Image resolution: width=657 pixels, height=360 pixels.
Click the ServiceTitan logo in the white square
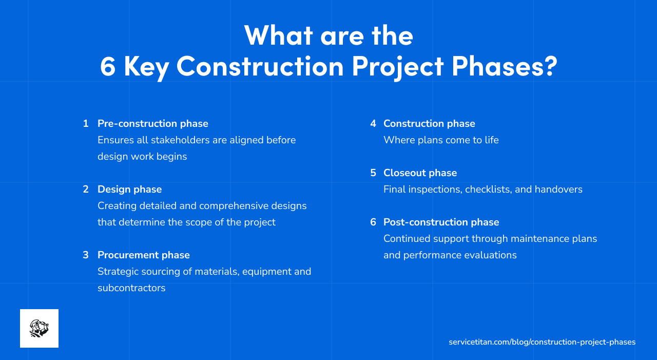tap(39, 328)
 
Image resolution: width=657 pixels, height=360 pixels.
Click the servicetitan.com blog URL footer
tap(542, 342)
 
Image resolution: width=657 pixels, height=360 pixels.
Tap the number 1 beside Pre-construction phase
tap(86, 124)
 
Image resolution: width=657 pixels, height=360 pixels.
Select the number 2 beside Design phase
tap(86, 190)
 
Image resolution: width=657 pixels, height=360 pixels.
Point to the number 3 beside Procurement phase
tap(86, 255)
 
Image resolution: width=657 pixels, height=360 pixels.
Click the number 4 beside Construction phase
tap(373, 124)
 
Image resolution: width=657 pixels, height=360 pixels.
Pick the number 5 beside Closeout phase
tap(373, 173)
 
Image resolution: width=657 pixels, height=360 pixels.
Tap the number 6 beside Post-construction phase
tap(373, 222)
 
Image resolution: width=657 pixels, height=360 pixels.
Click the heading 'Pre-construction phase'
tap(153, 124)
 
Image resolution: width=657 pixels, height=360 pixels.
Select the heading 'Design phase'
tap(129, 190)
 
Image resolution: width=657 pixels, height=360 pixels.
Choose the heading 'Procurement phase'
tap(144, 255)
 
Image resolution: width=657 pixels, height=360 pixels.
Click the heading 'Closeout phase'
tap(420, 173)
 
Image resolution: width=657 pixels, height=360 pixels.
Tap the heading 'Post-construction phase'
tap(441, 222)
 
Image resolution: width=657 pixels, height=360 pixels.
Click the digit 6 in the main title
tap(108, 67)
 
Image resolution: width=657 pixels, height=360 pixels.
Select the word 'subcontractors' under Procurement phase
tap(131, 288)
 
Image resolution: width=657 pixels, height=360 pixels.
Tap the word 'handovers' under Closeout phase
tap(558, 190)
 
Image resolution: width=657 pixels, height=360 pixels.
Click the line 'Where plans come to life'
tap(441, 140)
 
